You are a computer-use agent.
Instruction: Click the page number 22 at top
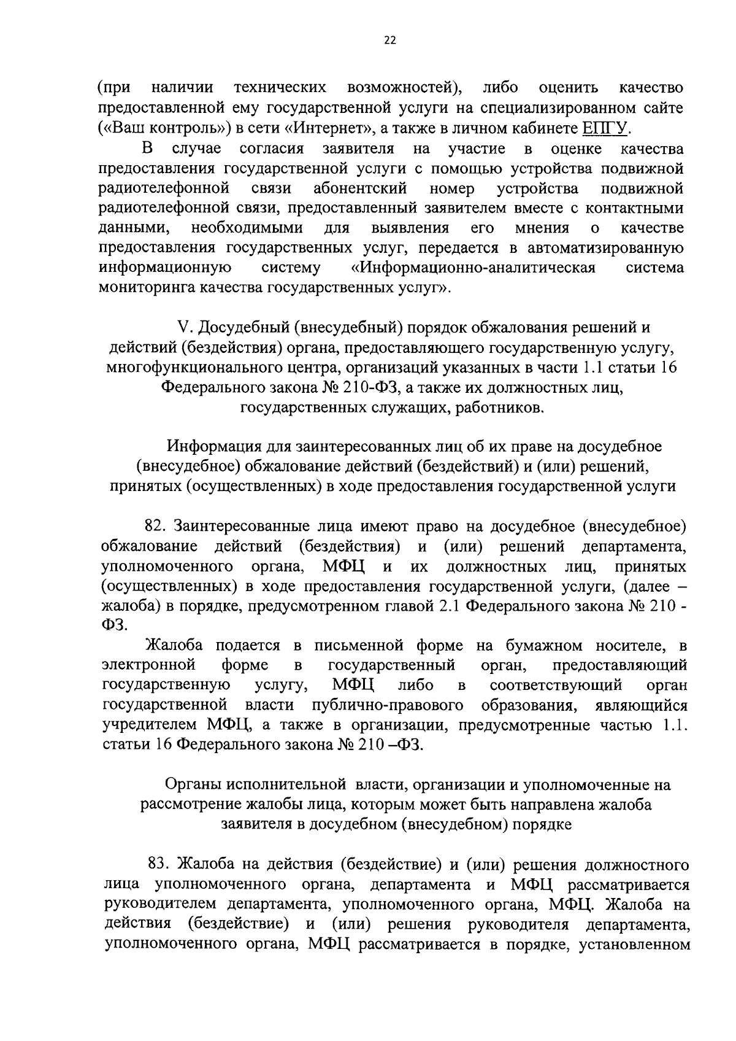[x=390, y=41]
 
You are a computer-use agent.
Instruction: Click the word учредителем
[x=151, y=725]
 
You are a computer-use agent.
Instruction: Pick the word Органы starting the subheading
[x=192, y=784]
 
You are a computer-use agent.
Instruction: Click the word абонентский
[x=362, y=188]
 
